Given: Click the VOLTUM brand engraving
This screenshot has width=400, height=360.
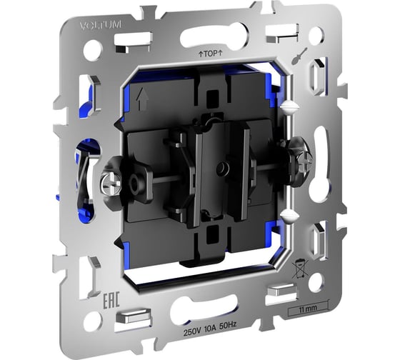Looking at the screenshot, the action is (101, 25).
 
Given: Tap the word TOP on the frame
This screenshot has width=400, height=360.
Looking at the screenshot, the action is (211, 54).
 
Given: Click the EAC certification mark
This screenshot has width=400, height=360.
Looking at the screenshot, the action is (111, 301).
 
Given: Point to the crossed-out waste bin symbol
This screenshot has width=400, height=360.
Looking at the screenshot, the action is (300, 269).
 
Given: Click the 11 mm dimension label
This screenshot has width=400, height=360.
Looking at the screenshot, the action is (308, 309).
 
